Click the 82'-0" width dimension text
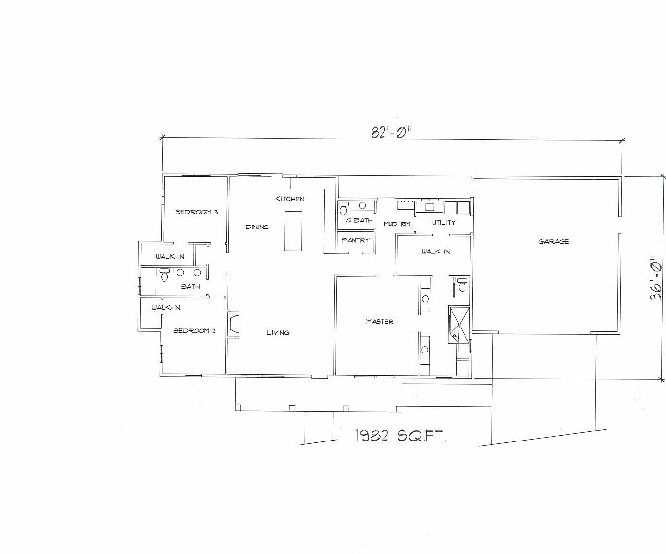[x=392, y=132]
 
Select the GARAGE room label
[x=553, y=241]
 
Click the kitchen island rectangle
[x=293, y=231]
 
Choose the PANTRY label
[x=355, y=240]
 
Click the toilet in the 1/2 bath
[x=343, y=208]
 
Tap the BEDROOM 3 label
[x=196, y=212]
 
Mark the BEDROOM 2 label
[x=194, y=331]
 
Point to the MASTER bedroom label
[x=379, y=321]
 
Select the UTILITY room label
[x=443, y=222]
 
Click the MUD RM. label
[x=397, y=224]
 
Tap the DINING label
[x=257, y=227]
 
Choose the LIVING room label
[x=278, y=332]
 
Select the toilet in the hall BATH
[x=164, y=275]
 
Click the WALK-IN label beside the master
[x=435, y=251]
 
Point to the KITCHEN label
[x=289, y=199]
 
